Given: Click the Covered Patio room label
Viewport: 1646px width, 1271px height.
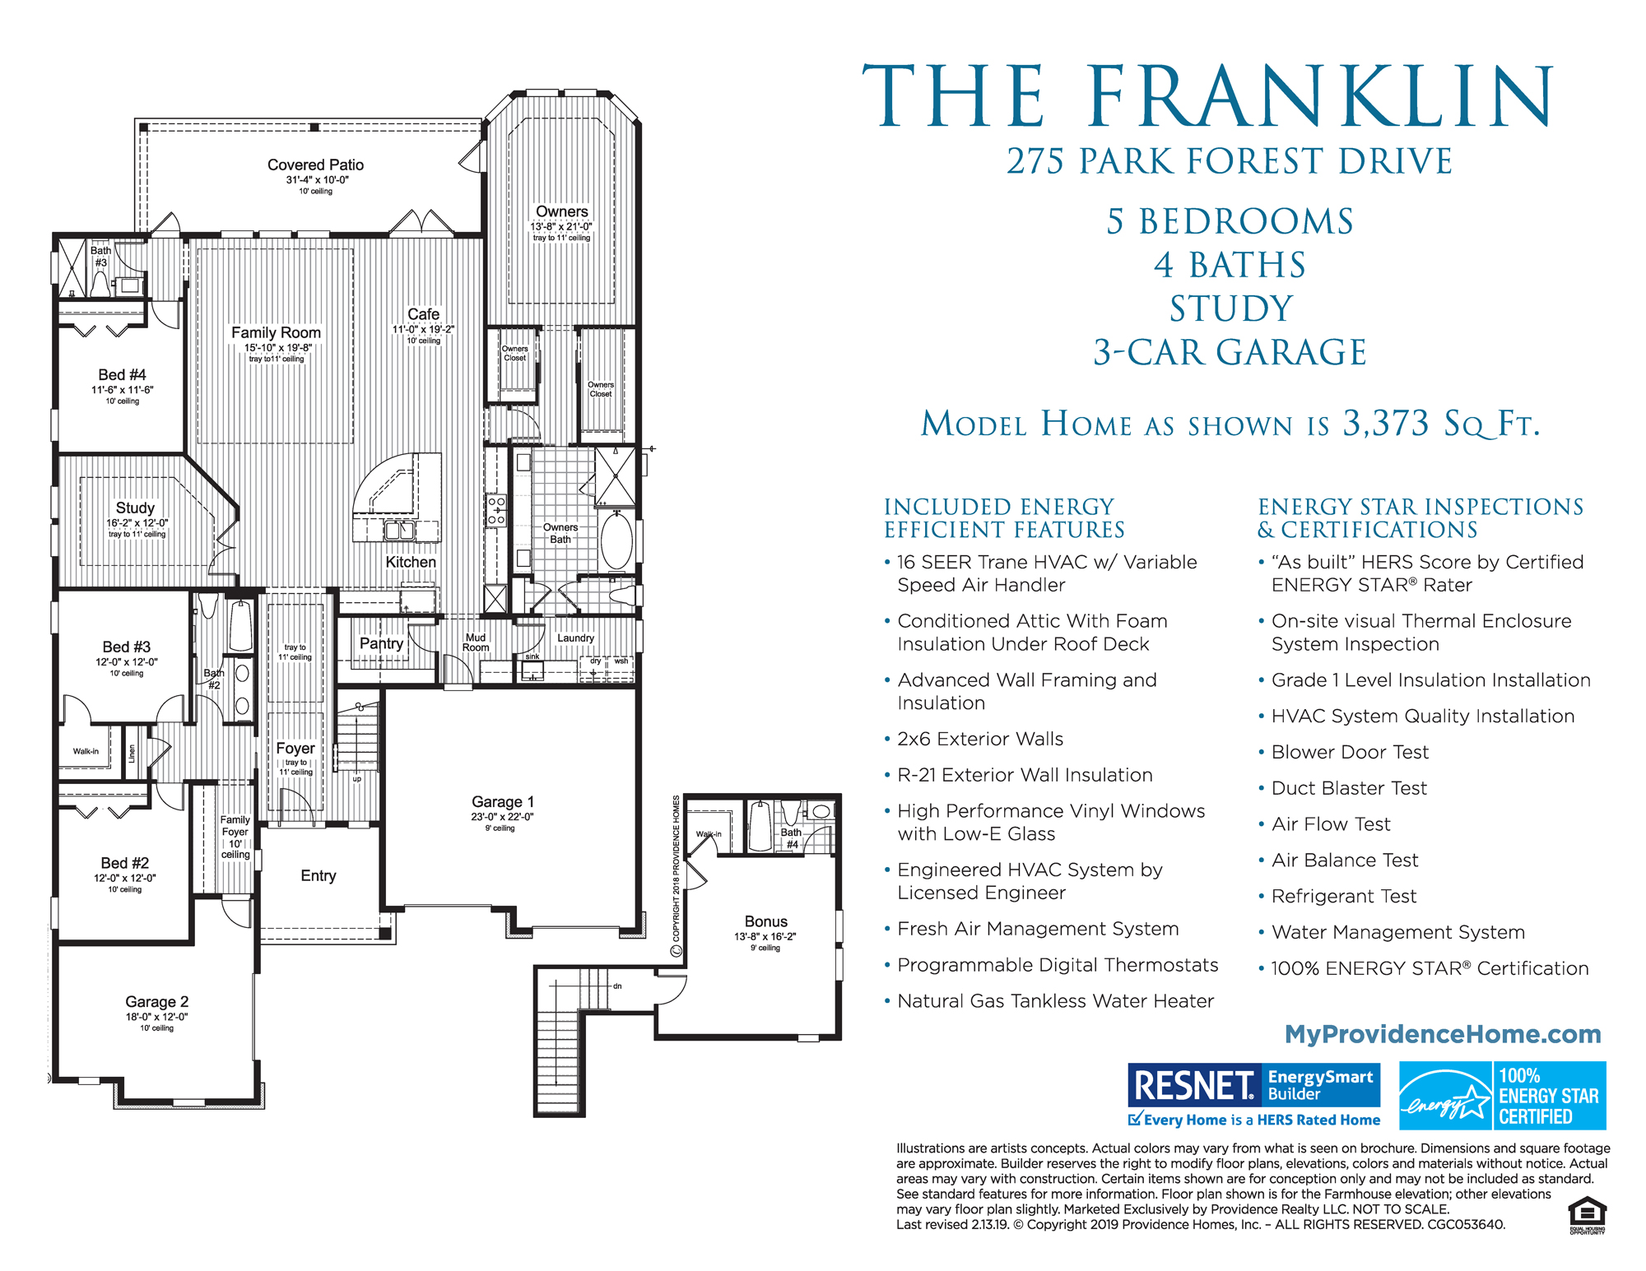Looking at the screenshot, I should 315,165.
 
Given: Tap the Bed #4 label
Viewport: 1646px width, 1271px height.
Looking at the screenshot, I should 122,375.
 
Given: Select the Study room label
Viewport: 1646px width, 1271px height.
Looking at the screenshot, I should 135,508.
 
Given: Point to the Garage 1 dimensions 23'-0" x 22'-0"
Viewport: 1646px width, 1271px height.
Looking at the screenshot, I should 502,817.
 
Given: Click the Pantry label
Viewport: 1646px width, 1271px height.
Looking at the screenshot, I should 381,643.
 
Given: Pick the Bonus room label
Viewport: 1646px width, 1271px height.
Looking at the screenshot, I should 765,921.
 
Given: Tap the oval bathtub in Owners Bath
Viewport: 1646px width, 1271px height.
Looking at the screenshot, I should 616,540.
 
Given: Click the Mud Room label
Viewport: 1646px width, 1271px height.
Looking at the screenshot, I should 476,642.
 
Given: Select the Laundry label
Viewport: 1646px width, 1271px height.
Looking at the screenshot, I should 575,638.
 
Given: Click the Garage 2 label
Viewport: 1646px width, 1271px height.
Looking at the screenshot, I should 156,1002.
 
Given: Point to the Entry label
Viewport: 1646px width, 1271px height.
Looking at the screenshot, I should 318,876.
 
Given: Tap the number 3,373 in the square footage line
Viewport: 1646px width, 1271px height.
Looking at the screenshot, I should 1386,424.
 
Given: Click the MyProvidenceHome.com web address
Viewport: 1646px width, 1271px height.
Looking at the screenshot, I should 1443,1034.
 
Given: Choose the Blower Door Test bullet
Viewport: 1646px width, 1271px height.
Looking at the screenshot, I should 1350,752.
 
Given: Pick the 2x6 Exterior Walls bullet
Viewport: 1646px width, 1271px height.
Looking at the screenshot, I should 979,739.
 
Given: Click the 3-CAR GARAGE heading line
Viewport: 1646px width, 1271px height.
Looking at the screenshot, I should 1230,352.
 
